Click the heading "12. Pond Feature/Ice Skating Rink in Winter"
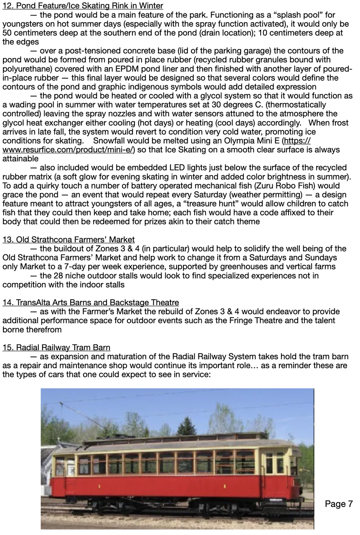tap(83, 6)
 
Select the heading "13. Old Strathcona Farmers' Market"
tap(68, 239)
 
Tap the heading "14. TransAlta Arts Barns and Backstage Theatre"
tap(91, 302)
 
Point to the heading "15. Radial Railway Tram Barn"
tap(56, 348)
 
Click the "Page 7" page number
tap(338, 504)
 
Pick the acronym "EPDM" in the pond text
tap(119, 69)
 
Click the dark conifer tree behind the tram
tap(186, 426)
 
